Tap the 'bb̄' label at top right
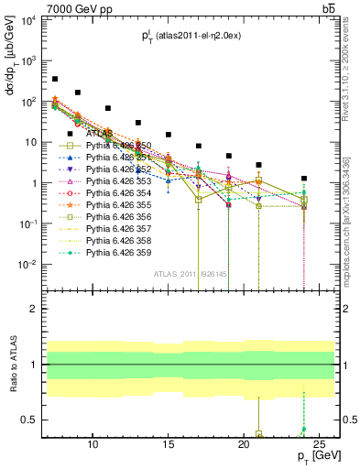pos(328,8)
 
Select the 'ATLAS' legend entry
pos(102,134)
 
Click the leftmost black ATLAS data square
pos(55,80)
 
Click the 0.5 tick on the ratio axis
pos(33,420)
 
